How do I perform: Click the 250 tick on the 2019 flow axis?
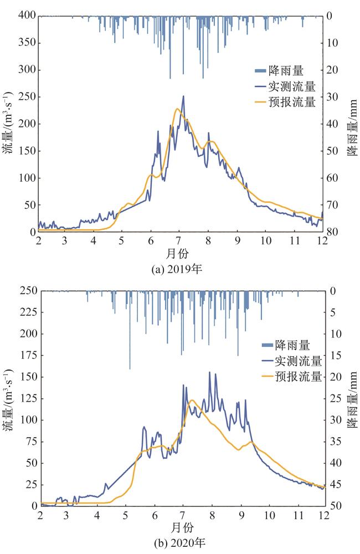coord(26,97)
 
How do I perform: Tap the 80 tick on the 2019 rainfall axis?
coord(332,232)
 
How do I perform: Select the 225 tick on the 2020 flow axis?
coord(26,312)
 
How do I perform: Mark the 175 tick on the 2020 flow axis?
coord(26,356)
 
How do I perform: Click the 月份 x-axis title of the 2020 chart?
coord(180,525)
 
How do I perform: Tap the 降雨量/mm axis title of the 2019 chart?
coord(351,124)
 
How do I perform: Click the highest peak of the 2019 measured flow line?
coord(183,96)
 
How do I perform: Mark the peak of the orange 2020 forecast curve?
coord(192,400)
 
